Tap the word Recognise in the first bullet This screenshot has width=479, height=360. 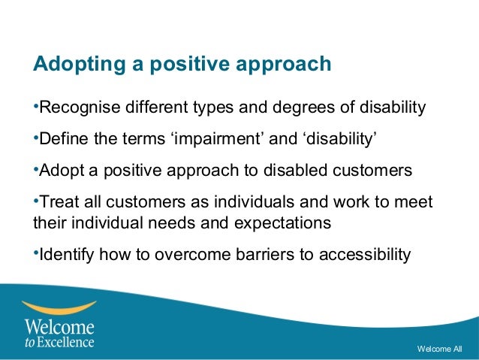tap(77, 110)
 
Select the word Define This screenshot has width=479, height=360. tap(61, 140)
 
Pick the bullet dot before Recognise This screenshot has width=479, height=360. tap(35, 108)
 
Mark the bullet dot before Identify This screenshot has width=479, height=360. tap(35, 253)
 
